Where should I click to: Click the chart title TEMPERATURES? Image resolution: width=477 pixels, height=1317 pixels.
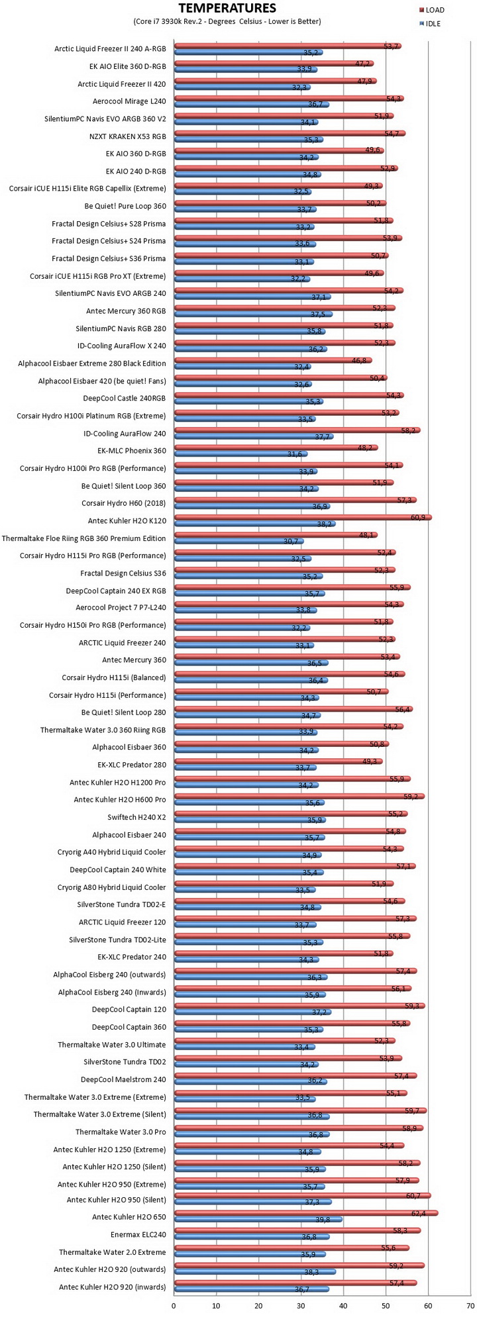coord(227,9)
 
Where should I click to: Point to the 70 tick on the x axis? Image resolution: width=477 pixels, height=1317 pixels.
coord(470,1306)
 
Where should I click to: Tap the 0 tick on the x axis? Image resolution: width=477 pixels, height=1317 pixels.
coord(174,1306)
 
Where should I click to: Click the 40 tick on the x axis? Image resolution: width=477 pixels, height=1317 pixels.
coord(343,1306)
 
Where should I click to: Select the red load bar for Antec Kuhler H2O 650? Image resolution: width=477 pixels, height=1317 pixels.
coord(305,1213)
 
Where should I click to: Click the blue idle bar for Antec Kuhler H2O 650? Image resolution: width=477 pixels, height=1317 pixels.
coord(258,1220)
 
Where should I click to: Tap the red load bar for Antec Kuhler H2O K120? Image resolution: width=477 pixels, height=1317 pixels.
coord(303,517)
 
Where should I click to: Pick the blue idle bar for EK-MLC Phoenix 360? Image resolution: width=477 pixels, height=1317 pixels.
coord(240,454)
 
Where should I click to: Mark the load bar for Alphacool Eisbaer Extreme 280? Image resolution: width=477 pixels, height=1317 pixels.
coord(272,360)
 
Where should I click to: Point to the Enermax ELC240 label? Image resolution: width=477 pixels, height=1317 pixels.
coord(138,1234)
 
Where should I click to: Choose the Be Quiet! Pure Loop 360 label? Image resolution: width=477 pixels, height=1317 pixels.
coord(126,206)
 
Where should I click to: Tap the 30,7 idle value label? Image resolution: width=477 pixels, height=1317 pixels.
coord(291,541)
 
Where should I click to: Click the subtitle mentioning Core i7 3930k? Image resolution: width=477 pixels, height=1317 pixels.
coord(227,21)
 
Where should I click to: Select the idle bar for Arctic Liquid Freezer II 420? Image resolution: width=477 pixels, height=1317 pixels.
coord(242,87)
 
